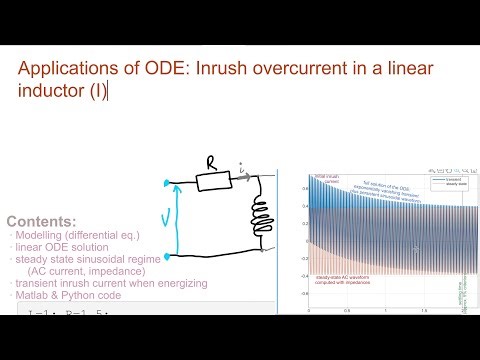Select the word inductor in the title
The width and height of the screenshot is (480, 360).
68,91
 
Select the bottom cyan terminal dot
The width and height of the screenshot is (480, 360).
165,256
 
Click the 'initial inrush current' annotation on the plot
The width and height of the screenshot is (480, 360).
327,179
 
